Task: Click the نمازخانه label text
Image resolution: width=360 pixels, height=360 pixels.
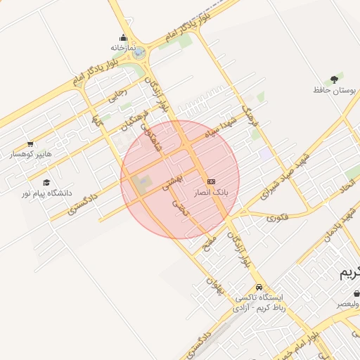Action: pyautogui.click(x=121, y=47)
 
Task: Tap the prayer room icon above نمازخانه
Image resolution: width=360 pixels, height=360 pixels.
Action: pyautogui.click(x=123, y=38)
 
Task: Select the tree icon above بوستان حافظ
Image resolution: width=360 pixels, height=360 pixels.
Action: pyautogui.click(x=334, y=79)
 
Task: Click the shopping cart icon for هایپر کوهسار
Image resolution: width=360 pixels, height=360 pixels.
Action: pyautogui.click(x=30, y=144)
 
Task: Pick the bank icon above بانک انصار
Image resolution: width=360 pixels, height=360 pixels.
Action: pyautogui.click(x=211, y=181)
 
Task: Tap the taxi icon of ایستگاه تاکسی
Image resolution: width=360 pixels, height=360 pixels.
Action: pyautogui.click(x=259, y=287)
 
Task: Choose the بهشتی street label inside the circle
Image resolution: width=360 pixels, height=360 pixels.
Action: pyautogui.click(x=172, y=181)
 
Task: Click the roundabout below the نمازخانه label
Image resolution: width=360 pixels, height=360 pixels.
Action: pyautogui.click(x=139, y=52)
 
